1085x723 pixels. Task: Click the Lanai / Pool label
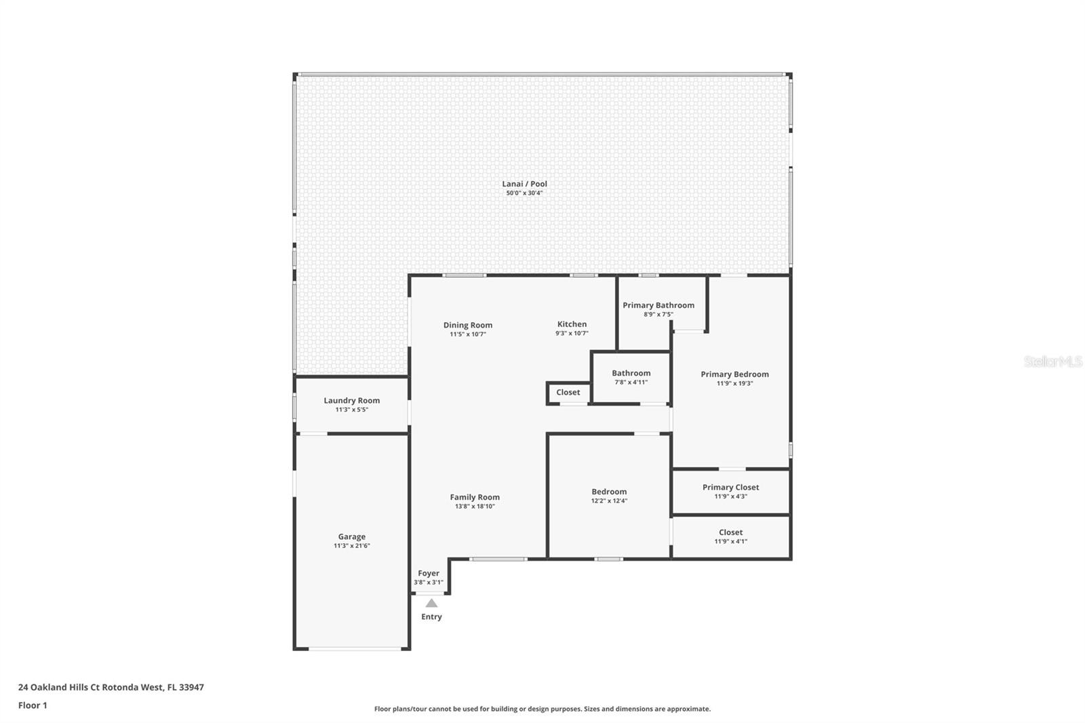click(524, 184)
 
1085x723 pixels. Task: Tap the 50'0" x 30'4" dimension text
click(524, 193)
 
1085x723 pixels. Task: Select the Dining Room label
click(467, 325)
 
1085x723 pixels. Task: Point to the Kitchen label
click(572, 324)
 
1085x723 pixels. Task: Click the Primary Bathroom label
click(658, 305)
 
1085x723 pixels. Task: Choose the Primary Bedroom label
click(734, 374)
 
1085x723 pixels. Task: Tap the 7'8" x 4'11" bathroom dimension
click(631, 383)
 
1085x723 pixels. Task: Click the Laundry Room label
click(352, 401)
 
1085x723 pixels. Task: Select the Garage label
click(352, 537)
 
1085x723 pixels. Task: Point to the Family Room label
click(475, 497)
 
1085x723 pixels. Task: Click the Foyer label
click(428, 573)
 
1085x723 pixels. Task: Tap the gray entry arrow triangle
click(431, 604)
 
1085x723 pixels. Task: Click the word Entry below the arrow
click(431, 617)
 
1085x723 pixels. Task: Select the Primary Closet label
click(730, 488)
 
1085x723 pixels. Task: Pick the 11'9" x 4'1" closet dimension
click(730, 542)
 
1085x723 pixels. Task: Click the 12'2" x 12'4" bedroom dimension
click(609, 501)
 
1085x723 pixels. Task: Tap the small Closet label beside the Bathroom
click(568, 393)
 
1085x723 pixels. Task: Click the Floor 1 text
click(33, 705)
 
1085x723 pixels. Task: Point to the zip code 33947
click(191, 687)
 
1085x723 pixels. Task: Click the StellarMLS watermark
click(1052, 361)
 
